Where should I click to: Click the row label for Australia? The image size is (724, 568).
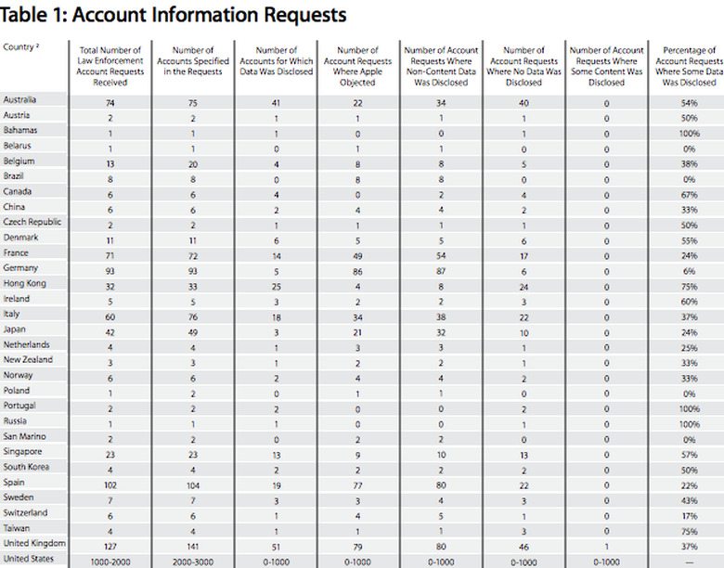(20, 99)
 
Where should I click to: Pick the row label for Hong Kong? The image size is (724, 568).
(24, 283)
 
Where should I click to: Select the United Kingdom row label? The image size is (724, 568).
(34, 543)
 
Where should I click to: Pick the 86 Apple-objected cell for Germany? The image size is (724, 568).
(357, 268)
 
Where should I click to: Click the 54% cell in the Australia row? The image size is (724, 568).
(688, 99)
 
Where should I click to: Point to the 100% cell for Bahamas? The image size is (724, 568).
(688, 131)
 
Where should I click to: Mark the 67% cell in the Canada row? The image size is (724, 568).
(688, 191)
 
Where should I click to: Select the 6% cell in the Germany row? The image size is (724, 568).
(688, 268)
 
